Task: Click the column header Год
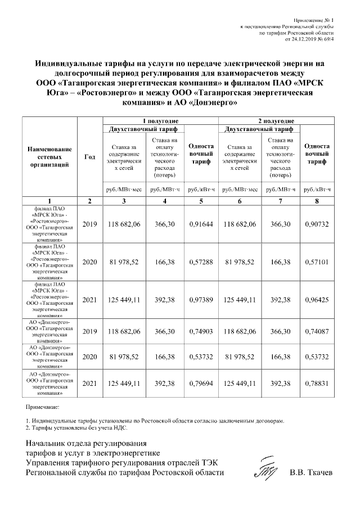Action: pyautogui.click(x=89, y=157)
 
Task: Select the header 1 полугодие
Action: pyautogui.click(x=160, y=121)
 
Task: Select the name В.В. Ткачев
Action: pyautogui.click(x=310, y=473)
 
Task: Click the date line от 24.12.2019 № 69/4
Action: pyautogui.click(x=310, y=40)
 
